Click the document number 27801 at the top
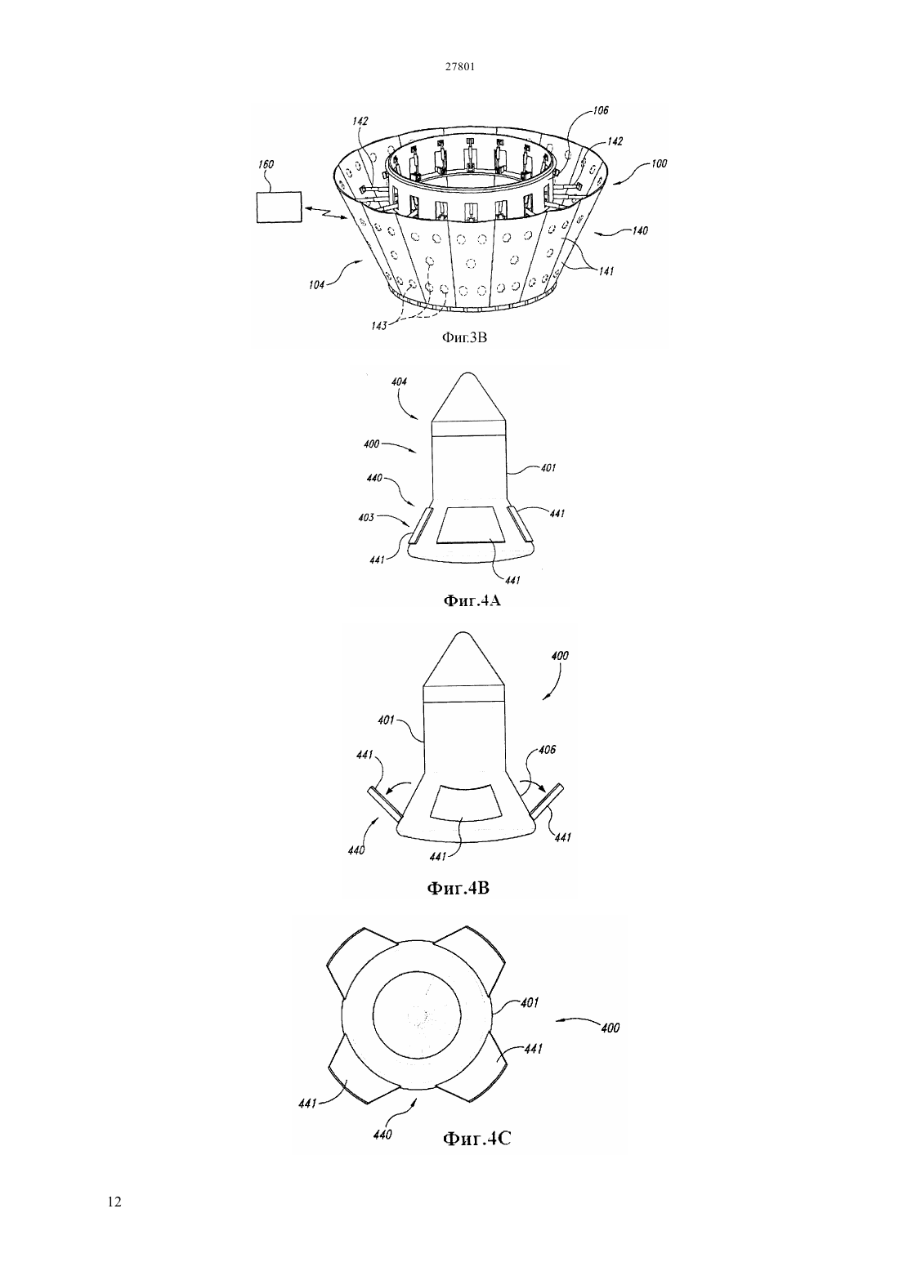[x=459, y=67]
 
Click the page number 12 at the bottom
[x=114, y=1202]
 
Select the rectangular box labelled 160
[x=279, y=207]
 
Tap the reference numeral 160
[x=266, y=164]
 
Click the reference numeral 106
[x=601, y=110]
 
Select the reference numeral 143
[x=379, y=325]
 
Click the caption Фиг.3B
[x=464, y=338]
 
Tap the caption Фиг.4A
[x=472, y=600]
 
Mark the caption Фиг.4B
[x=458, y=888]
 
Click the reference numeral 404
[x=399, y=382]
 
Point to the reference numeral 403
[x=366, y=518]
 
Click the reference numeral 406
[x=547, y=750]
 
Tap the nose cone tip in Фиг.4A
[x=467, y=372]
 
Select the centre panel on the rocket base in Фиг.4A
[x=471, y=525]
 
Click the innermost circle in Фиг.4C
[x=417, y=1014]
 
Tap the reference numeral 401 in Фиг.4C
[x=530, y=1003]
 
